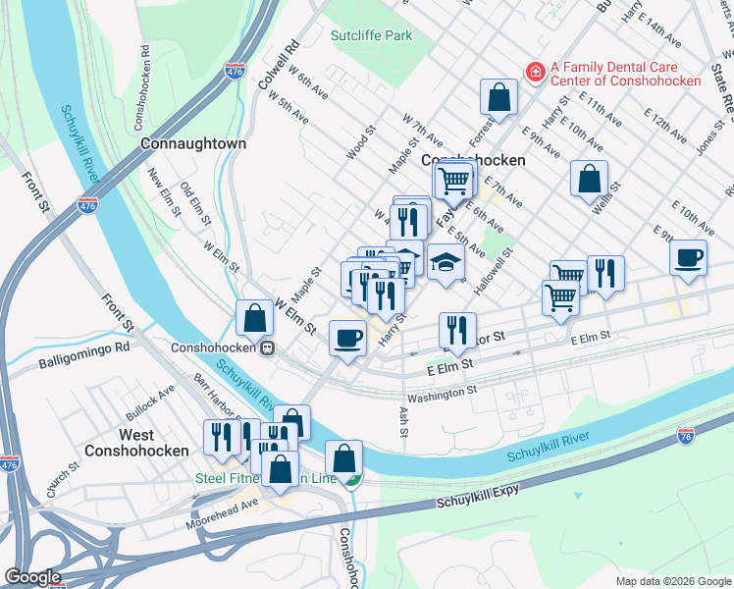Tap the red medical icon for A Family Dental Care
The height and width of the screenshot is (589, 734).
click(535, 71)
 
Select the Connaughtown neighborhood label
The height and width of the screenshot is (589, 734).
click(192, 143)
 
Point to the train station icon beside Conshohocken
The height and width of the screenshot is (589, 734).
click(266, 348)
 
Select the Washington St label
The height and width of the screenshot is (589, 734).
click(442, 390)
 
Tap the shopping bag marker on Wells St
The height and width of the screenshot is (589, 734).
click(589, 179)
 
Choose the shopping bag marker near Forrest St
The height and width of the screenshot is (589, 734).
click(498, 97)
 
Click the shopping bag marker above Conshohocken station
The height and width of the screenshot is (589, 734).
click(254, 317)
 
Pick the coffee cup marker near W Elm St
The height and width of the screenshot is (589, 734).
click(347, 339)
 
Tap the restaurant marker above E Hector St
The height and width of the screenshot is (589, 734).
click(457, 330)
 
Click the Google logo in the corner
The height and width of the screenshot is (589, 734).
click(32, 577)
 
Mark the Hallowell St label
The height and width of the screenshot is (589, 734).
click(494, 271)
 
